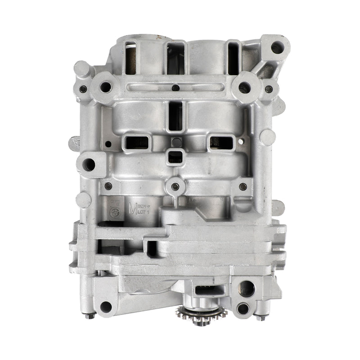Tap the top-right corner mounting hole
(x=277, y=47)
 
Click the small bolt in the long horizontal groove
(x=175, y=88)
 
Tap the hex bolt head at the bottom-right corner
(x=261, y=317)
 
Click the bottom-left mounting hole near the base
(x=105, y=307)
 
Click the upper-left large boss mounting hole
(x=106, y=87)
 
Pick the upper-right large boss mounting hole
(x=244, y=87)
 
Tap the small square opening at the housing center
(x=175, y=157)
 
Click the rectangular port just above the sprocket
(x=208, y=291)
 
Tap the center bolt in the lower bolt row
(x=175, y=186)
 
